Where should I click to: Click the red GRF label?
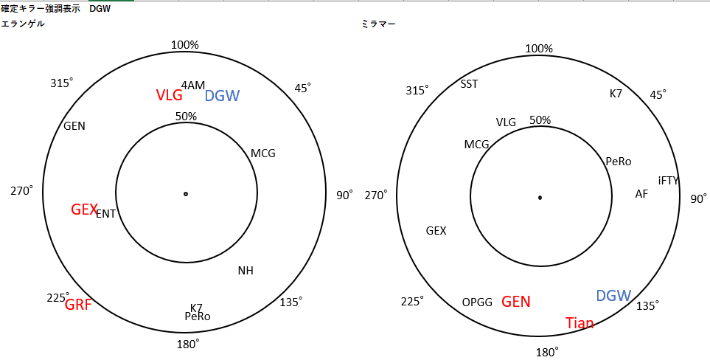pyautogui.click(x=78, y=305)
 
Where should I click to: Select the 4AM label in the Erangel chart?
pyautogui.click(x=193, y=85)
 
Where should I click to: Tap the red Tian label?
pyautogui.click(x=580, y=323)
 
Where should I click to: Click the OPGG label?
pyautogui.click(x=477, y=302)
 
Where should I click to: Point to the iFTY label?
pyautogui.click(x=668, y=181)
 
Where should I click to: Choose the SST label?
pyautogui.click(x=469, y=84)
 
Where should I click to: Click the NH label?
pyautogui.click(x=246, y=271)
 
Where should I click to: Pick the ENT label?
pyautogui.click(x=105, y=214)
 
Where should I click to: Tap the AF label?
pyautogui.click(x=641, y=194)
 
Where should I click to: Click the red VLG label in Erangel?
pyautogui.click(x=170, y=95)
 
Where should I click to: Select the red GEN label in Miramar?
pyautogui.click(x=516, y=302)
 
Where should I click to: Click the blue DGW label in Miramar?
pyautogui.click(x=613, y=296)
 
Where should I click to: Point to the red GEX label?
pyautogui.click(x=84, y=210)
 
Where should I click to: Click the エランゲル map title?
pyautogui.click(x=23, y=24)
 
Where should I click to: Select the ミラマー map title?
pyautogui.click(x=378, y=24)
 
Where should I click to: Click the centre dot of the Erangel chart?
pyautogui.click(x=186, y=194)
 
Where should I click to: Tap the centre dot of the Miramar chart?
pyautogui.click(x=540, y=198)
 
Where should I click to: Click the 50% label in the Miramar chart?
pyautogui.click(x=540, y=120)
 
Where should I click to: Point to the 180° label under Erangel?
pyautogui.click(x=188, y=345)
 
